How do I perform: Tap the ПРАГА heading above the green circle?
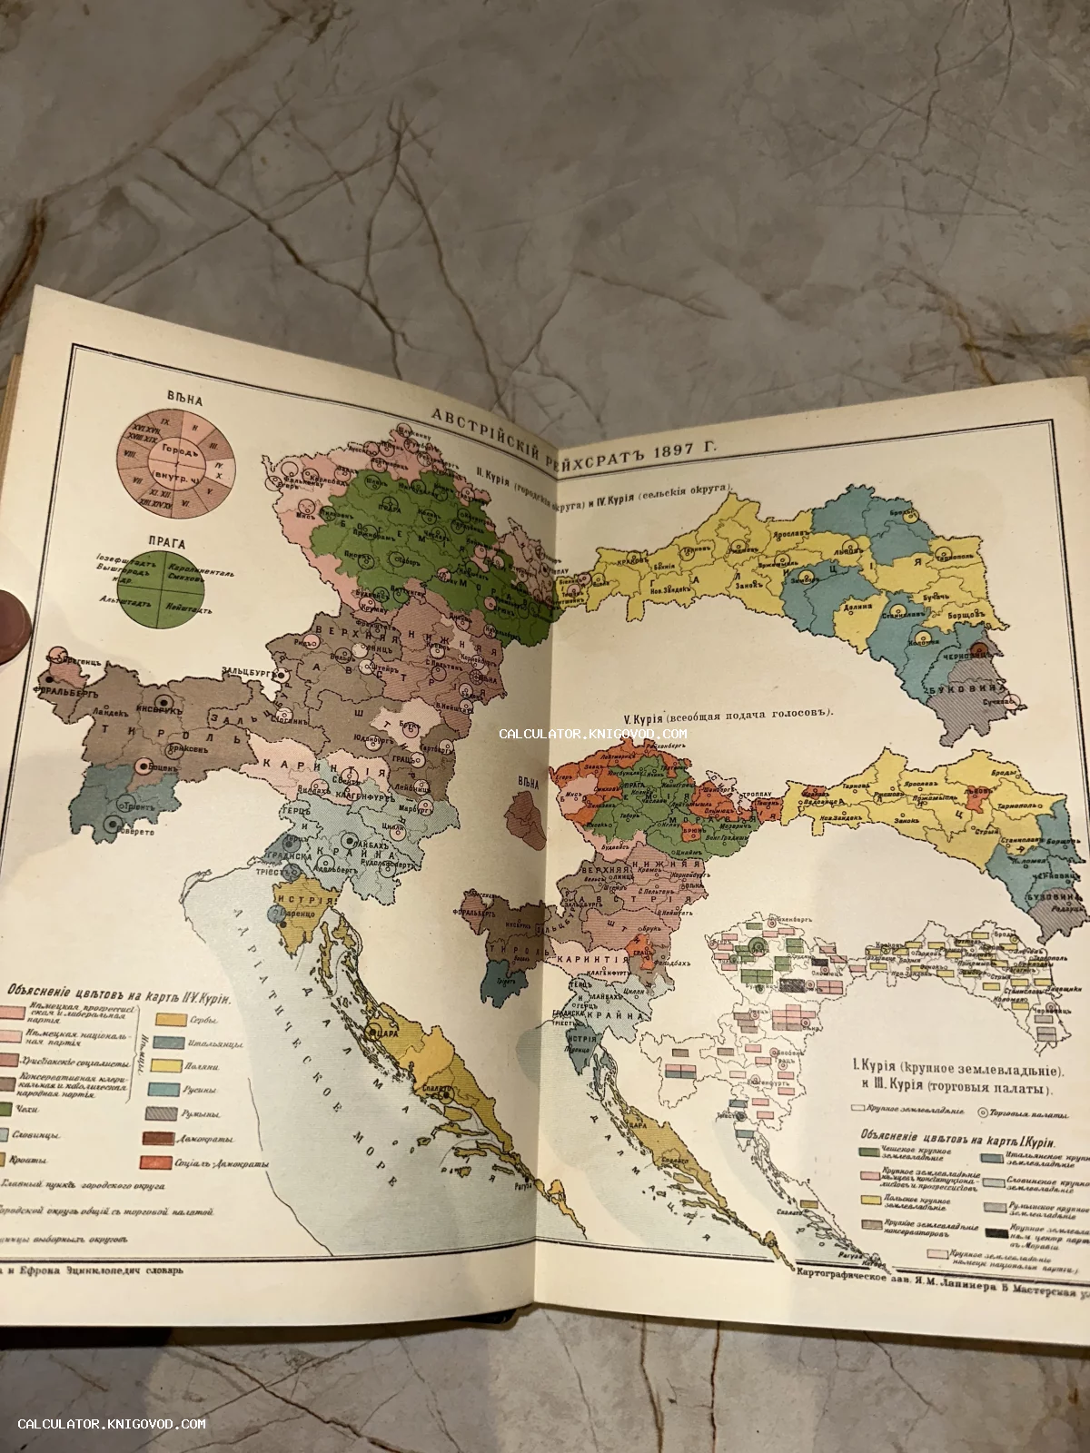point(166,543)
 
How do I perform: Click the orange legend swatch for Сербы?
point(166,1020)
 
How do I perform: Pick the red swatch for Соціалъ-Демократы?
point(156,1161)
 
